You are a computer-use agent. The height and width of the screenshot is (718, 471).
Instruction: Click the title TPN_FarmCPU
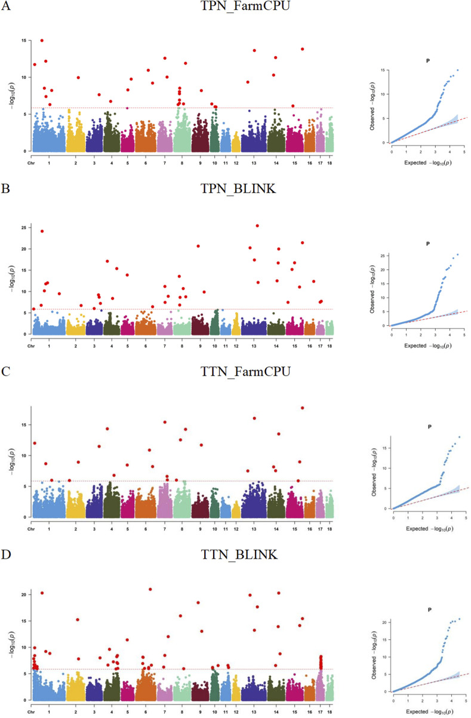(245, 6)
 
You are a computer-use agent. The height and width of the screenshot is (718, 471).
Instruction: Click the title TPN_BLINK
(238, 189)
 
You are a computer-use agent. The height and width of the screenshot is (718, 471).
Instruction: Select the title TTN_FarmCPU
(245, 371)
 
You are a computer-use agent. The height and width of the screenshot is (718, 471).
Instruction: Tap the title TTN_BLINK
(239, 554)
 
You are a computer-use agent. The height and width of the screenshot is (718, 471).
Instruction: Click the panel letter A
(6, 6)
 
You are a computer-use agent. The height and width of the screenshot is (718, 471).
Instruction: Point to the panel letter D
(6, 554)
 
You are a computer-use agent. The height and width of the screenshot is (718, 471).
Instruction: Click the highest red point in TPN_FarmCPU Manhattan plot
(42, 41)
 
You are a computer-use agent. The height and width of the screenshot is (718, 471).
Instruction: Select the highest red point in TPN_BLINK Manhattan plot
(257, 226)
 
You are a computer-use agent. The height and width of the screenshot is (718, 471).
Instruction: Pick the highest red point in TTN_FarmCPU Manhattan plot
(302, 408)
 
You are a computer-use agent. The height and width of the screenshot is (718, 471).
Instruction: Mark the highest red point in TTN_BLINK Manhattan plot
(150, 589)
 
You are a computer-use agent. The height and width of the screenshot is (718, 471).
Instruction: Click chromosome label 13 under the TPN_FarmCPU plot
(254, 163)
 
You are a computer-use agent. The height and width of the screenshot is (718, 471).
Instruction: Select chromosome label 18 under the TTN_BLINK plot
(330, 712)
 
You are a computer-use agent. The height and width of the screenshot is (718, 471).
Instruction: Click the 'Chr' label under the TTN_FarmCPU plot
(31, 529)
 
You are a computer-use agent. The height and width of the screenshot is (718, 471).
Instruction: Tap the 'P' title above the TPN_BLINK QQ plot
(428, 244)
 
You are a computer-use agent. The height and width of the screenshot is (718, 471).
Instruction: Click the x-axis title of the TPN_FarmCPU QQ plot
(428, 163)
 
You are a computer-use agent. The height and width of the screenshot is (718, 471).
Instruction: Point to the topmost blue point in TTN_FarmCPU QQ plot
(460, 437)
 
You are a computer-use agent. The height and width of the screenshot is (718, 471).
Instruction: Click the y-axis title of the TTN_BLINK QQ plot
(374, 655)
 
